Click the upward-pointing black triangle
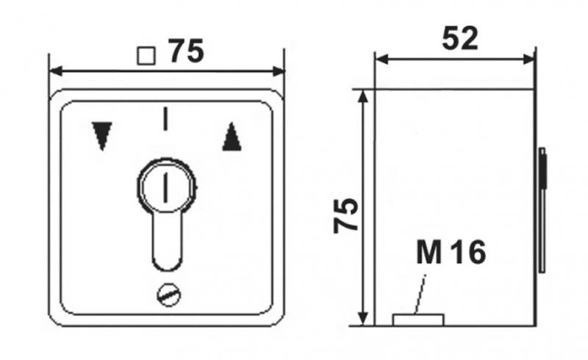pyautogui.click(x=232, y=137)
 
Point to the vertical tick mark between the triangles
pyautogui.click(x=167, y=118)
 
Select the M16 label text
pyautogui.click(x=451, y=253)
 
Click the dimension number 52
pyautogui.click(x=459, y=38)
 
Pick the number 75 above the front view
pyautogui.click(x=186, y=51)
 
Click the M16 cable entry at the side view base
pyautogui.click(x=418, y=319)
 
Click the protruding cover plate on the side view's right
pyautogui.click(x=542, y=209)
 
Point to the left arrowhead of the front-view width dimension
pyautogui.click(x=54, y=71)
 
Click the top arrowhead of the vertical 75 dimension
pyautogui.click(x=362, y=96)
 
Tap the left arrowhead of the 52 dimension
pyautogui.click(x=381, y=60)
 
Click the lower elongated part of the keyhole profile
pyautogui.click(x=167, y=242)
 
